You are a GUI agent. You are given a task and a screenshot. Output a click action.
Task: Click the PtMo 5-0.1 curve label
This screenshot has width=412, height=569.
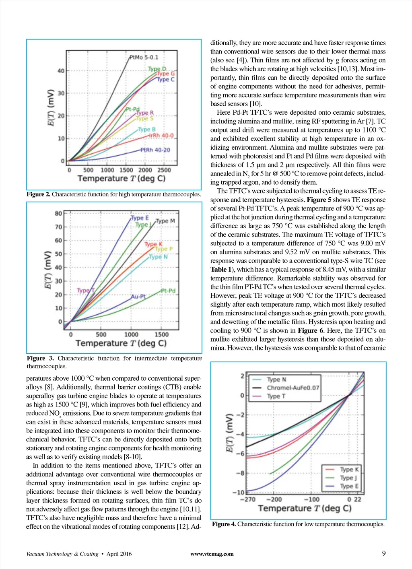pos(144,57)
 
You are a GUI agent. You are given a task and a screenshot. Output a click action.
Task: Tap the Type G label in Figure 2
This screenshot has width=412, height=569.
pos(165,74)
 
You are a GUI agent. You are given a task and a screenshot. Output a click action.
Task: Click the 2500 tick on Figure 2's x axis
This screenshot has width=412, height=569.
pos(164,170)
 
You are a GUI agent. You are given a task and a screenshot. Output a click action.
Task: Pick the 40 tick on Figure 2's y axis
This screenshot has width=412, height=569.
pos(61,71)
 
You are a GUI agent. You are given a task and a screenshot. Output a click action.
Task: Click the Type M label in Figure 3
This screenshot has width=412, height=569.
pos(165,221)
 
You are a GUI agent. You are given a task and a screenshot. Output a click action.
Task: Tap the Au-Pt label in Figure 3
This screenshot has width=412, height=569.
pos(138,297)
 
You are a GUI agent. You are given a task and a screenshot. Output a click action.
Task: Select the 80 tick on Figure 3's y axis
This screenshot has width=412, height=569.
pos(59,213)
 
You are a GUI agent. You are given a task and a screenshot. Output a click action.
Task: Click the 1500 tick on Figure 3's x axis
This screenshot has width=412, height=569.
pos(161,334)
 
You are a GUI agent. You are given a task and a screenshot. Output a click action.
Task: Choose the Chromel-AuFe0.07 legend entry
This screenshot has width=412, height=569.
pos(293,388)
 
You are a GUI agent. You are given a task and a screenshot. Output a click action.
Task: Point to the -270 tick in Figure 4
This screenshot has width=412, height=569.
pos(247,499)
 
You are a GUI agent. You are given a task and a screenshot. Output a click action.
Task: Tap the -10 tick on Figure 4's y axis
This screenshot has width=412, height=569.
pos(238,492)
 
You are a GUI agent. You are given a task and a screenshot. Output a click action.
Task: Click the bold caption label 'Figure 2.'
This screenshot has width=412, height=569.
pos(39,194)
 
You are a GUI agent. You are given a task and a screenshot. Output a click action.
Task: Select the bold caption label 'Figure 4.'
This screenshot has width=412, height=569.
pos(224,524)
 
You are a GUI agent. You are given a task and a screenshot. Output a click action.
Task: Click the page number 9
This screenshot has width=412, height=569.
pos(384,553)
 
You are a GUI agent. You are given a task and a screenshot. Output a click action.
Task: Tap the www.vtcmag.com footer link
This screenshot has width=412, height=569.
pos(212,554)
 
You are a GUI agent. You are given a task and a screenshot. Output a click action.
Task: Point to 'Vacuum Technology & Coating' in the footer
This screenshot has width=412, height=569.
pos(62,554)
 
